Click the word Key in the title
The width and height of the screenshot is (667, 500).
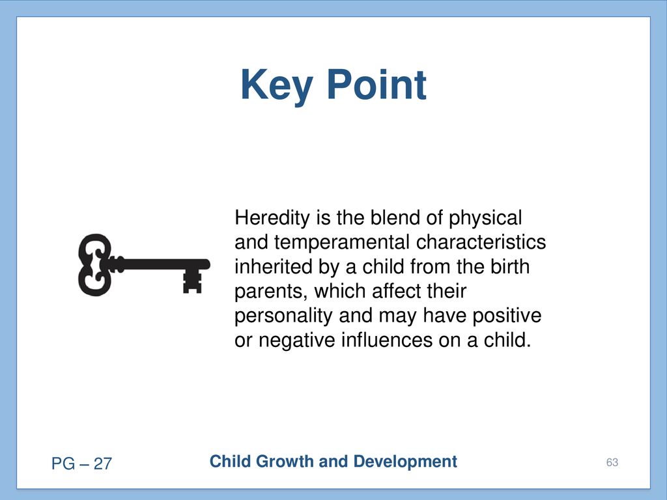coord(277,85)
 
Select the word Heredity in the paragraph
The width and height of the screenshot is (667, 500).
coord(272,219)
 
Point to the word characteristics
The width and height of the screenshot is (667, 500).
coord(481,242)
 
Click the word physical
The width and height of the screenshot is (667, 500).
coord(485,219)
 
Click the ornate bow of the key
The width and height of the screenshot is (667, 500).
coord(95,264)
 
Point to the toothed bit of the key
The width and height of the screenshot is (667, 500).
coord(192,281)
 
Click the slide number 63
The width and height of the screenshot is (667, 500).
coord(612,463)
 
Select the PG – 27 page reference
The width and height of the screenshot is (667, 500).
coord(81,464)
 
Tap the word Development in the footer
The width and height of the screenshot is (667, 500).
coord(405,462)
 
